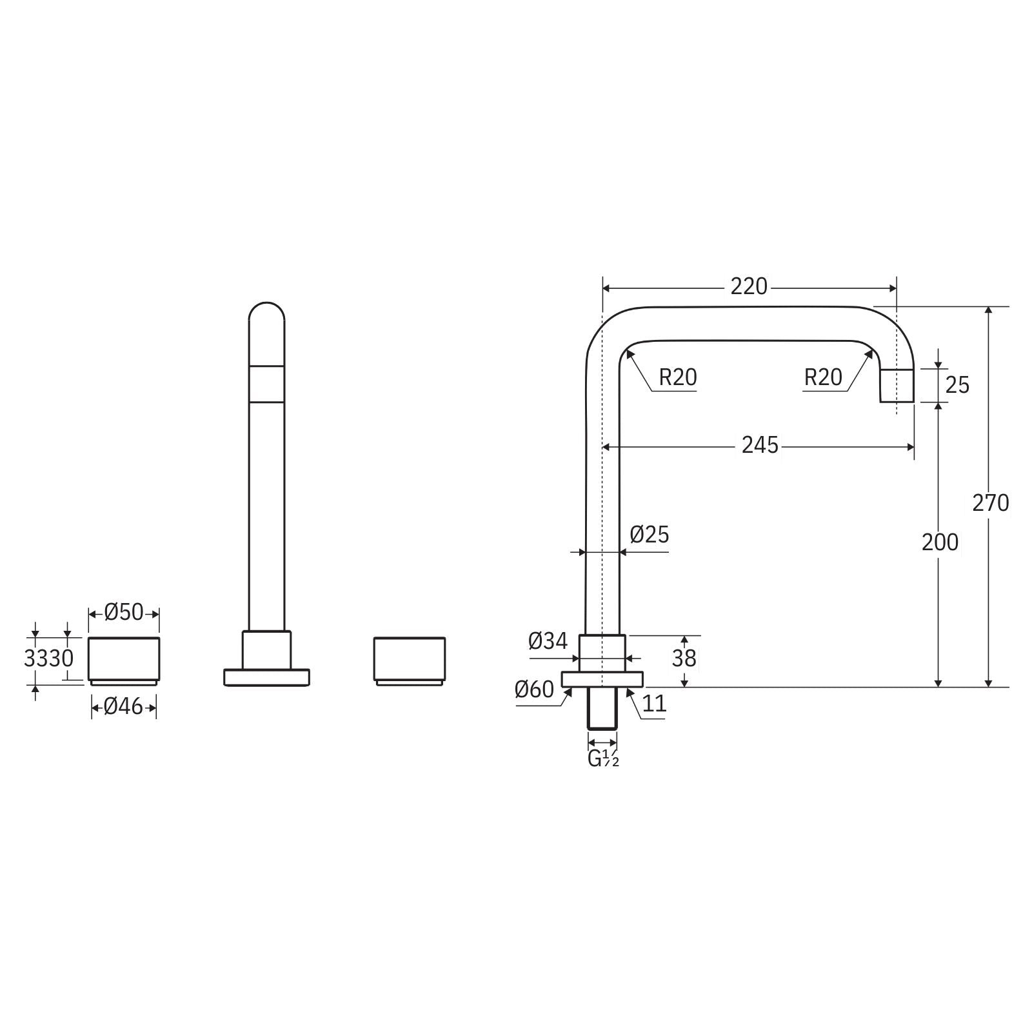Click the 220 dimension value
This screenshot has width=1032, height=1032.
click(749, 286)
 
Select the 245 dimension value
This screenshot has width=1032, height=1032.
click(760, 445)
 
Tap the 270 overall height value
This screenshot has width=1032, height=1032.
click(990, 502)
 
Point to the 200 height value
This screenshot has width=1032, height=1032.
click(940, 542)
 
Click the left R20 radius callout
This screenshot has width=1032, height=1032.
click(677, 377)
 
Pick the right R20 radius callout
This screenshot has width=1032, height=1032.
click(823, 377)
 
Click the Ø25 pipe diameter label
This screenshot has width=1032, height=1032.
click(650, 535)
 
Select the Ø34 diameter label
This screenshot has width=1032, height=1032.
click(548, 641)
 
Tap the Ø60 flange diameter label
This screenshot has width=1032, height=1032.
click(534, 690)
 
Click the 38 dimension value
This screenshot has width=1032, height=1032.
click(684, 659)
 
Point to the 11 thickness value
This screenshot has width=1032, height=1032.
click(654, 703)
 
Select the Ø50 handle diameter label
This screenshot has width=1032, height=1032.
click(124, 612)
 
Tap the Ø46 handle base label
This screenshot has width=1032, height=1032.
click(123, 707)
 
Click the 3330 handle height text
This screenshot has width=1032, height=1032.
click(48, 659)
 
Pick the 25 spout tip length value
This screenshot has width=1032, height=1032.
click(957, 385)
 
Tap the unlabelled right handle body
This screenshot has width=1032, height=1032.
click(410, 658)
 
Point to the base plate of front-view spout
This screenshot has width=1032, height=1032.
click(266, 677)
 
